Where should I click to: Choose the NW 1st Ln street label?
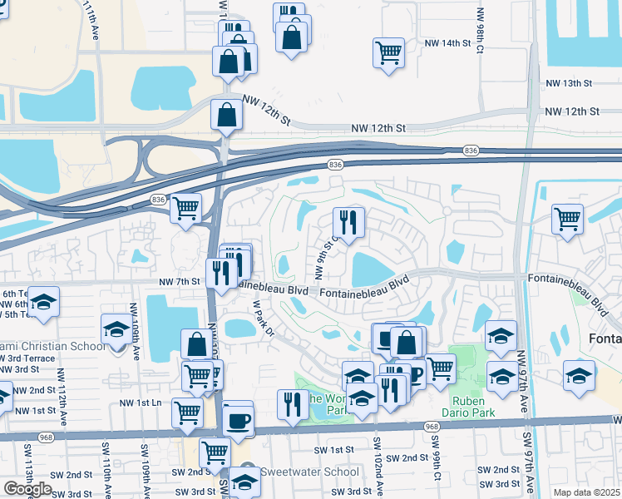[x=140, y=403]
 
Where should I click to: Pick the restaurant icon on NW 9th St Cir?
[x=348, y=222]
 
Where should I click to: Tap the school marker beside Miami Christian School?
[x=116, y=329]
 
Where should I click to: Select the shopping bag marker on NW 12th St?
[x=227, y=115]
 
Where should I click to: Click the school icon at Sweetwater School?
[x=244, y=481]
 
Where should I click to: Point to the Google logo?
[x=27, y=489]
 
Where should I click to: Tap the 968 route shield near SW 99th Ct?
[x=432, y=427]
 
